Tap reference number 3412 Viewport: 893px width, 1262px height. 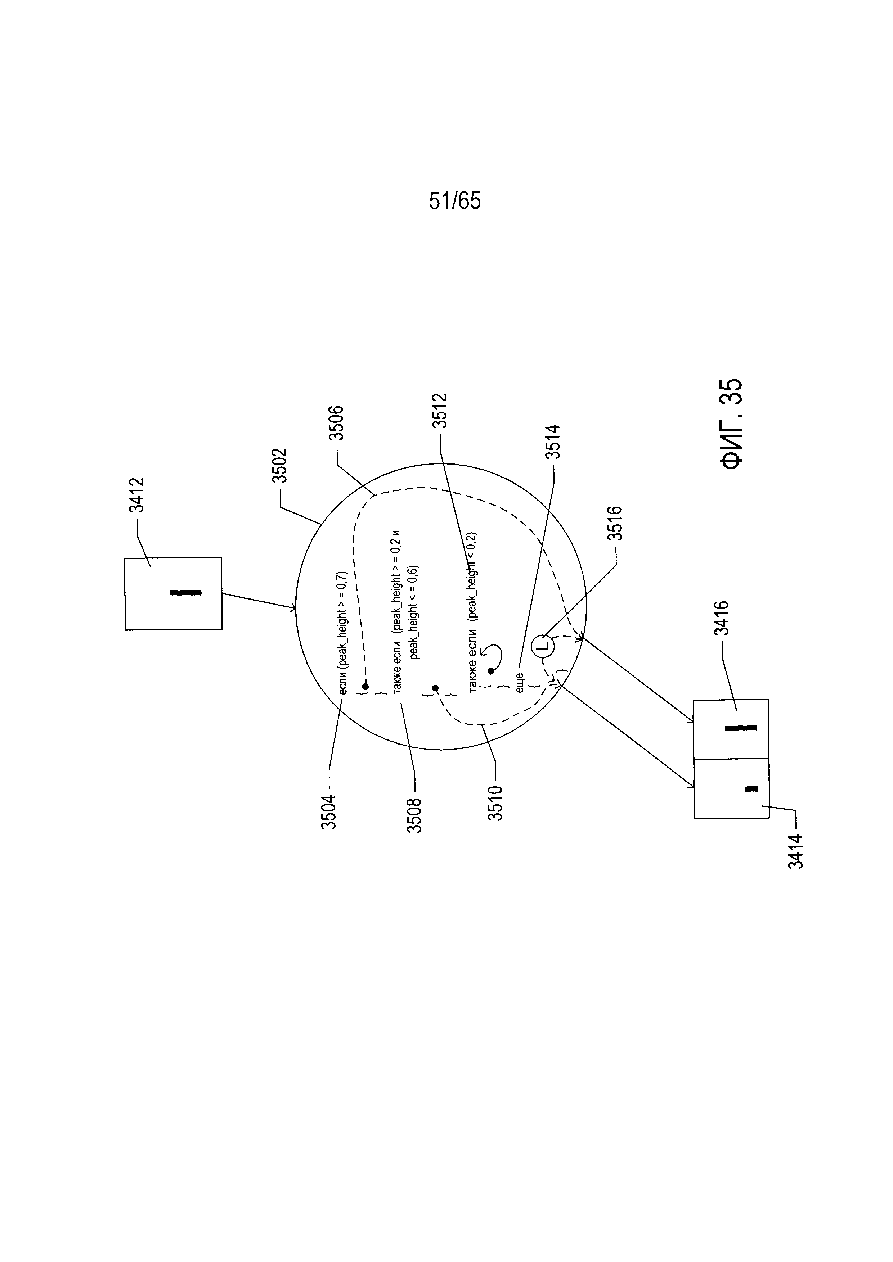click(136, 495)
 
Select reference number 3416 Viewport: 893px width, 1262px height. click(722, 618)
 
